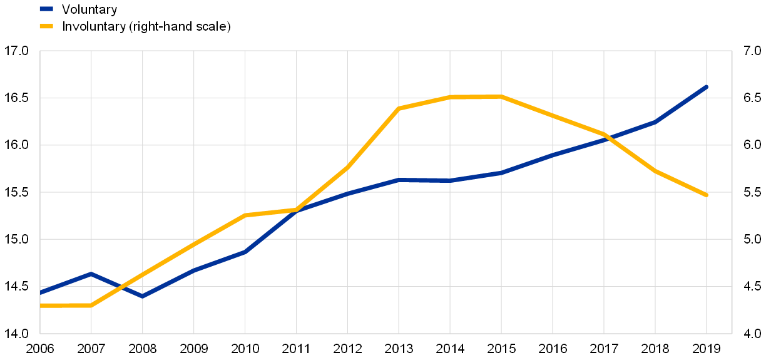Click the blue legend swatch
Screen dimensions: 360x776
tap(46, 9)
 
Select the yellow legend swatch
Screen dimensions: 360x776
tap(46, 26)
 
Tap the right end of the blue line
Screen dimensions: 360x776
tap(707, 86)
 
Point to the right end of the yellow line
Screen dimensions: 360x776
tap(707, 195)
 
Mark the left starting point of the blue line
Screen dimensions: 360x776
tap(41, 292)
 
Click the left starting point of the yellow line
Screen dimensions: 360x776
tap(41, 306)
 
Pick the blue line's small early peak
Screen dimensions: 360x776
tap(91, 274)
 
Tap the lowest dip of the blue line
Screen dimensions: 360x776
tap(143, 296)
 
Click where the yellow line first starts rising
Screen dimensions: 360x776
tap(91, 306)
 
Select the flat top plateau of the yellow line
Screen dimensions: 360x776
tap(476, 96)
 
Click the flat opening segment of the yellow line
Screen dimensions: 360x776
tap(66, 306)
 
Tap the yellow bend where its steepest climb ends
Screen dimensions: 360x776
tap(399, 108)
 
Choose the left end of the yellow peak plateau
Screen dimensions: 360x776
tap(450, 96)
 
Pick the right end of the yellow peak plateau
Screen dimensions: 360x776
tap(501, 96)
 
